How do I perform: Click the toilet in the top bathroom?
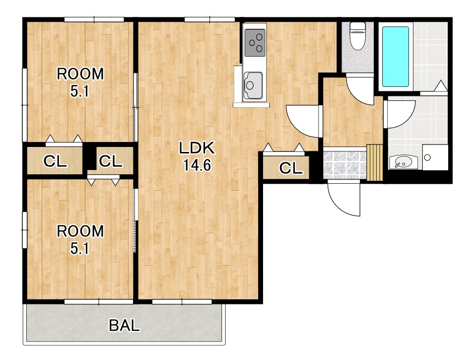tap(358, 36)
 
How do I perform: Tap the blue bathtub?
tap(396, 57)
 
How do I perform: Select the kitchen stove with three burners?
tap(255, 43)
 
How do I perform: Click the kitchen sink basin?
tap(253, 85)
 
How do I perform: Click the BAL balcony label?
tap(124, 325)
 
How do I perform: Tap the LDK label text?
tap(197, 148)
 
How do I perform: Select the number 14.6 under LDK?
tap(197, 165)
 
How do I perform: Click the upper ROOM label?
tap(80, 74)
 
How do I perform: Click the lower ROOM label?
tap(80, 231)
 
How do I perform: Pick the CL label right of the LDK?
tap(291, 168)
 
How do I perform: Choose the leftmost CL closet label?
tap(55, 161)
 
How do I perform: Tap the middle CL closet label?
tap(111, 161)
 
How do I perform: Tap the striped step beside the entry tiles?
tap(374, 163)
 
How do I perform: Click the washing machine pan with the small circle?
tap(435, 157)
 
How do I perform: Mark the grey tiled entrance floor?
tap(344, 165)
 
